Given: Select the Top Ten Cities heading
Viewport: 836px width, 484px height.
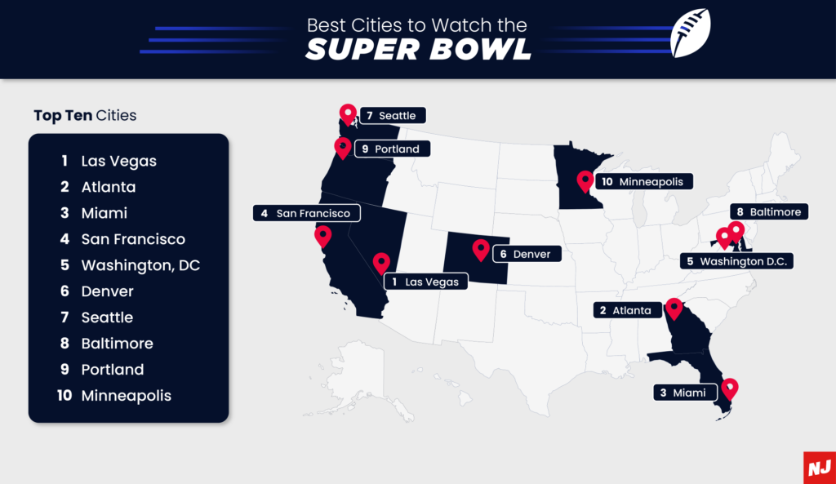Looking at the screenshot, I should pyautogui.click(x=85, y=115).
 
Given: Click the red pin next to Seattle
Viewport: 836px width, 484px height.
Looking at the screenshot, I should pyautogui.click(x=348, y=114).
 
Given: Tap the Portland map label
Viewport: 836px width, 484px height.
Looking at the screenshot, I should pyautogui.click(x=389, y=149).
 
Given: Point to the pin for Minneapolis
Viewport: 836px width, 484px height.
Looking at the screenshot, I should pyautogui.click(x=585, y=180).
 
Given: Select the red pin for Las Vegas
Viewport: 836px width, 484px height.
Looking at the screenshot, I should pyautogui.click(x=381, y=263).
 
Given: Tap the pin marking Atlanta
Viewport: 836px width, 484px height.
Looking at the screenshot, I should pyautogui.click(x=674, y=308).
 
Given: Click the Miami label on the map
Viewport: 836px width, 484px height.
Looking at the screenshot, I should pyautogui.click(x=683, y=393).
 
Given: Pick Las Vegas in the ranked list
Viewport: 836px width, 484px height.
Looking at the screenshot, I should pyautogui.click(x=118, y=161).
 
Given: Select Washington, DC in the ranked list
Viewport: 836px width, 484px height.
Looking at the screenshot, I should pyautogui.click(x=140, y=265).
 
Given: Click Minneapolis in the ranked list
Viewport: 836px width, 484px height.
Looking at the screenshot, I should pyautogui.click(x=126, y=396).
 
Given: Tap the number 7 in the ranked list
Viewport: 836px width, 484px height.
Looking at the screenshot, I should pyautogui.click(x=64, y=317).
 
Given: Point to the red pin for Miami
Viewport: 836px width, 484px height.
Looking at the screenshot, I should pyautogui.click(x=729, y=387).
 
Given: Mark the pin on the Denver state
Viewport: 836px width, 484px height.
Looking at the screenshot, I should pyautogui.click(x=480, y=248).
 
